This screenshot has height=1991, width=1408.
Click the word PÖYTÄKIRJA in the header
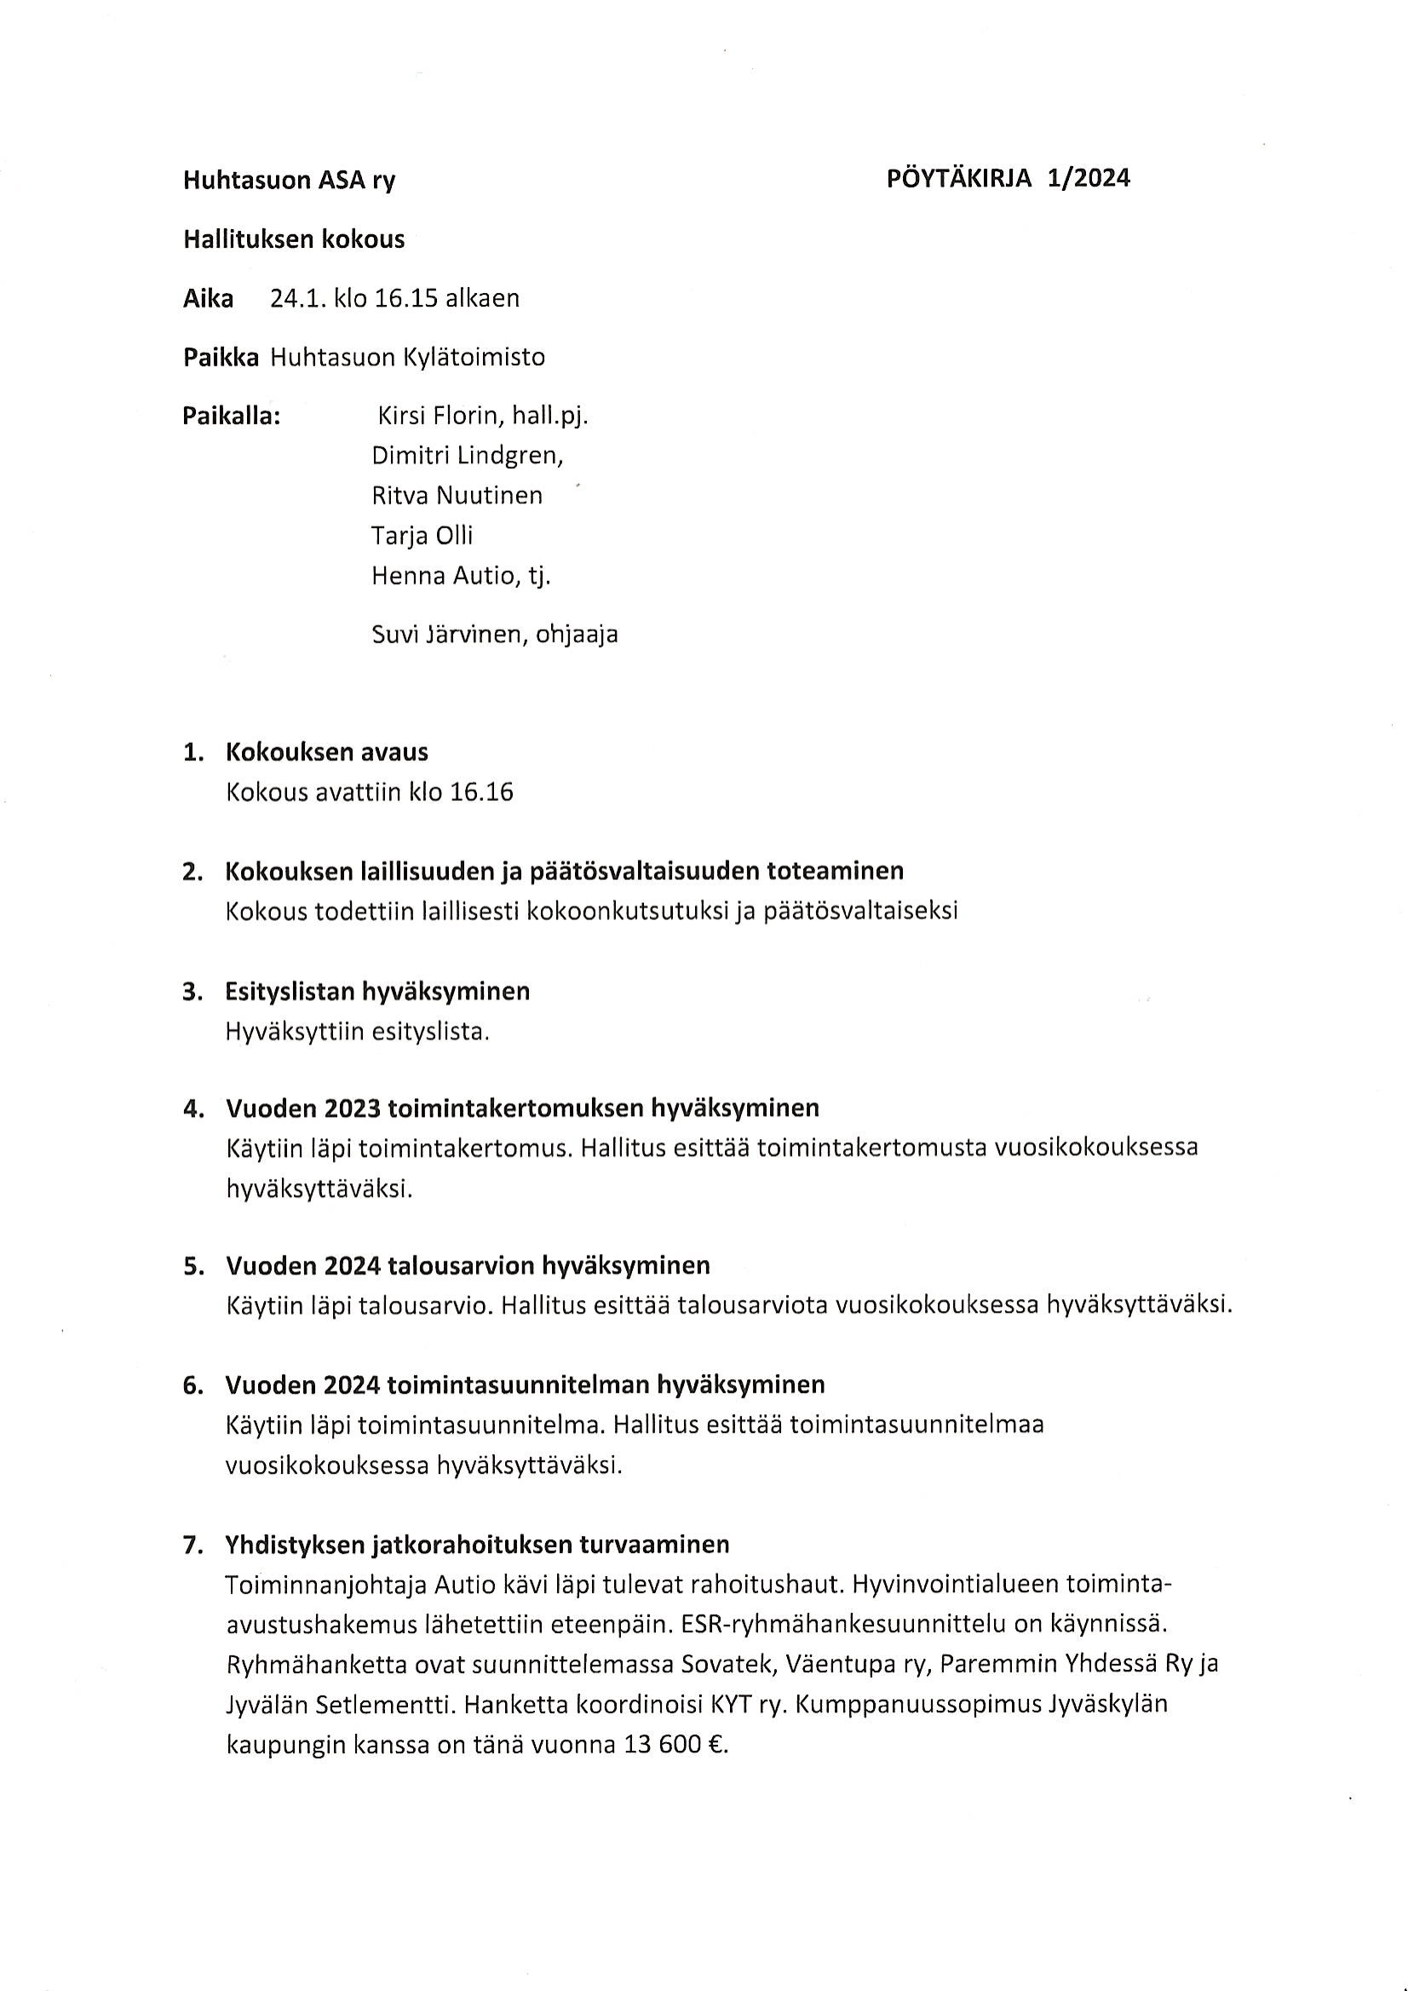[960, 179]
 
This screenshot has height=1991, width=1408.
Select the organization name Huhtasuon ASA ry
[289, 181]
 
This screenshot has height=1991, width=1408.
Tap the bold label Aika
[208, 298]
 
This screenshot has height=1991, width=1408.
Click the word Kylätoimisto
[473, 357]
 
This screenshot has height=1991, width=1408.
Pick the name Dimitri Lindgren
[467, 455]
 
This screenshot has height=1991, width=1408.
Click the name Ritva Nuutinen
[457, 495]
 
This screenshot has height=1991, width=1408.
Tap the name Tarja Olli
[422, 535]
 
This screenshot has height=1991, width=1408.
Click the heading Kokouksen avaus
[327, 751]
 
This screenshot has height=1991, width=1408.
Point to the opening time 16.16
[482, 791]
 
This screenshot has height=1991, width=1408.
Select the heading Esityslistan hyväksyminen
[377, 990]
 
